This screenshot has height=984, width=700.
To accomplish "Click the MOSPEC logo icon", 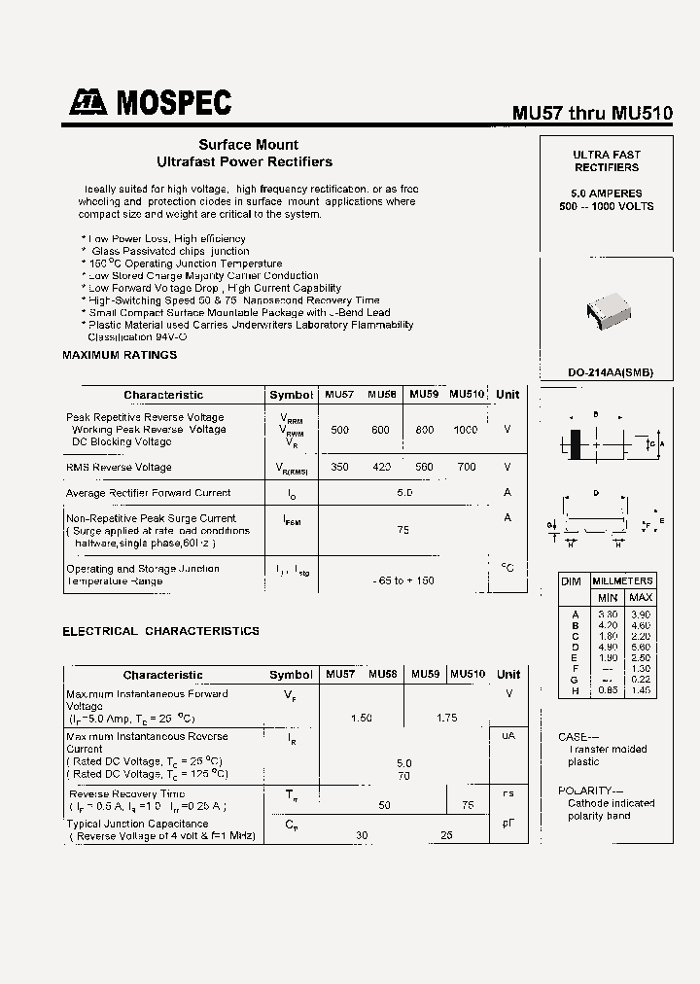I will pyautogui.click(x=87, y=102).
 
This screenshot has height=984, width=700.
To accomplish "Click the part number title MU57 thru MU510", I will pyautogui.click(x=592, y=113).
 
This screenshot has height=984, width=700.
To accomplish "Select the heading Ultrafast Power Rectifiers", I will pyautogui.click(x=244, y=161).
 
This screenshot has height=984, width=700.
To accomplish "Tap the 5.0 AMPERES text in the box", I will pyautogui.click(x=607, y=193).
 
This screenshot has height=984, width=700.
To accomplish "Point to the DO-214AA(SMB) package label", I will pyautogui.click(x=611, y=371).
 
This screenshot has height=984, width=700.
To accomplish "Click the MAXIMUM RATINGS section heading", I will pyautogui.click(x=120, y=355).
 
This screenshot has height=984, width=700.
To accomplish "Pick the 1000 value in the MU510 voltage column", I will pyautogui.click(x=466, y=430).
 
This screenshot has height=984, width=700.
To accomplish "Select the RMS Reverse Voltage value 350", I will pyautogui.click(x=339, y=467).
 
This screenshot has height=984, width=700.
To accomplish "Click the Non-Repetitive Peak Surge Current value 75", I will pyautogui.click(x=402, y=530).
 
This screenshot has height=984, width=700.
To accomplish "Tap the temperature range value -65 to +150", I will pyautogui.click(x=403, y=580).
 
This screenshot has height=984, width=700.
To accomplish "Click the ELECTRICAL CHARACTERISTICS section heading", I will pyautogui.click(x=160, y=631).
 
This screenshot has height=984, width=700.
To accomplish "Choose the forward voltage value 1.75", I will pyautogui.click(x=446, y=718).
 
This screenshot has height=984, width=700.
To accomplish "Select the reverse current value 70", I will pyautogui.click(x=403, y=776).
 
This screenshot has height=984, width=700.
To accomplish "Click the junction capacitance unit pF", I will pyautogui.click(x=507, y=823).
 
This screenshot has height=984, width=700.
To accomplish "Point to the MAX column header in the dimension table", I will pyautogui.click(x=641, y=597).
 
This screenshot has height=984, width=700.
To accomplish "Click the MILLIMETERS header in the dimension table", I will pyautogui.click(x=623, y=580).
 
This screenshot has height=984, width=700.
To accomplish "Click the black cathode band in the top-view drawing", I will pyautogui.click(x=576, y=444).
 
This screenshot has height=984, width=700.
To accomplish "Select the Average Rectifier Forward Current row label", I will pyautogui.click(x=149, y=493).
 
